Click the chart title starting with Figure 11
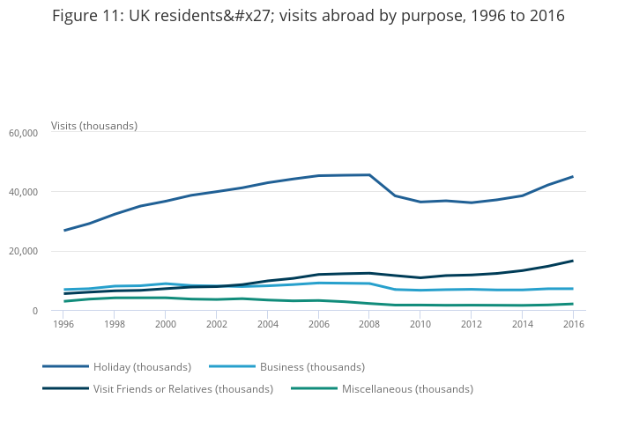(x=308, y=17)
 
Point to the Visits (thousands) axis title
(x=94, y=126)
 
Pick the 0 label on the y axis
(x=35, y=311)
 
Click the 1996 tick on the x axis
(x=64, y=324)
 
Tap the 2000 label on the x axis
(x=166, y=324)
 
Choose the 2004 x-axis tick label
(x=268, y=324)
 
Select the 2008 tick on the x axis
(x=369, y=324)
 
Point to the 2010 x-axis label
(x=420, y=324)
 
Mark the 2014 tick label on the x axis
(x=522, y=324)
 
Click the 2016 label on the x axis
(x=573, y=324)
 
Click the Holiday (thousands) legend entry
(x=142, y=366)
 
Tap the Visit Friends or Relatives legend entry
(x=182, y=388)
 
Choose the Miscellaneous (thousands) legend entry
(x=407, y=388)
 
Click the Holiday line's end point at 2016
(x=573, y=177)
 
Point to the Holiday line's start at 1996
(x=64, y=231)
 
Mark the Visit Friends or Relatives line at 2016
(x=573, y=261)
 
